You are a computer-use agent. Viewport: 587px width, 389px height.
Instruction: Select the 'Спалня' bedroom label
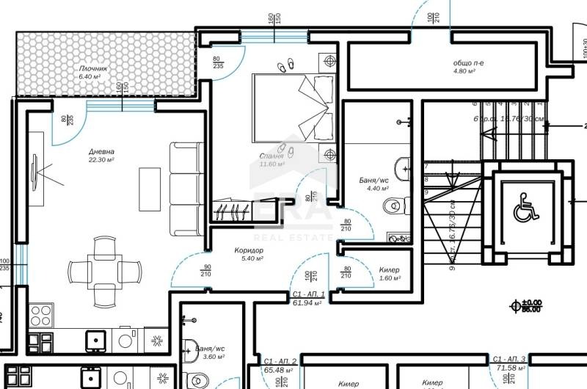click(x=272, y=156)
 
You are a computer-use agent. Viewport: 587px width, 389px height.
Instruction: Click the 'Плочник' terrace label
click(x=93, y=69)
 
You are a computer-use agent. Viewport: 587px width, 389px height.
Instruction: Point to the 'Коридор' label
click(x=249, y=251)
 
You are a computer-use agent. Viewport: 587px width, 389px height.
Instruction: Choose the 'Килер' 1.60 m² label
click(x=389, y=270)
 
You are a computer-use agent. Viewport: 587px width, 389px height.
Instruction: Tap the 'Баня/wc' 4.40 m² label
click(x=374, y=179)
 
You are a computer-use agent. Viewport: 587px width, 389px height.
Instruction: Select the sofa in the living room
click(x=186, y=189)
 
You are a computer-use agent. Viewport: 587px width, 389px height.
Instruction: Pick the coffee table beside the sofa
click(x=150, y=189)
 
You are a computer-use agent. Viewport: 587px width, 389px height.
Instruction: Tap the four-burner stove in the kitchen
click(x=41, y=316)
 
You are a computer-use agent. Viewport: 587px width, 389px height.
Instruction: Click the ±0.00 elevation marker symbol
click(x=517, y=302)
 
